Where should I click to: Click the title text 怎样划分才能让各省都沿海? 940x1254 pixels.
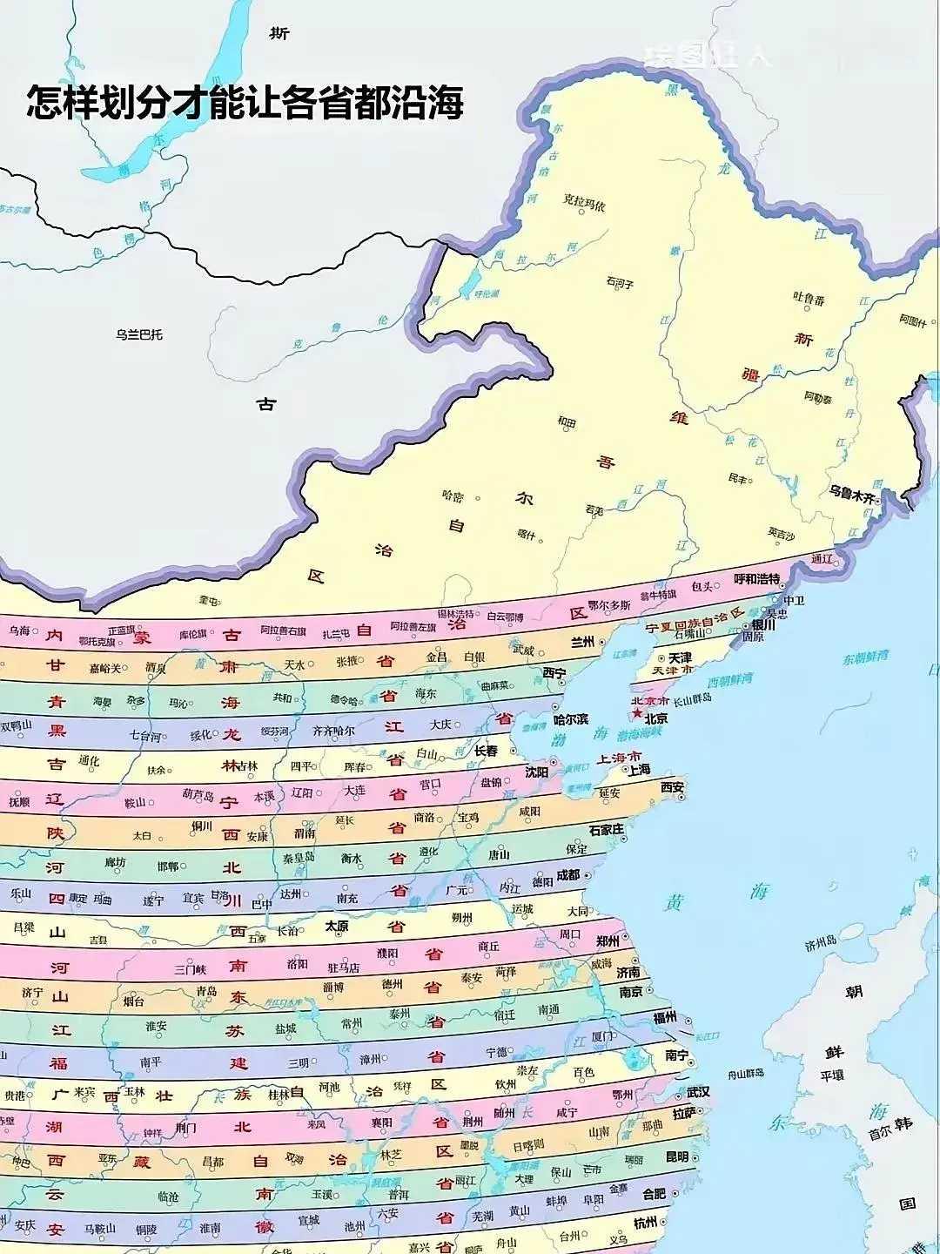point(245,102)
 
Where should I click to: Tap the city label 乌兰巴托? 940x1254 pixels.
point(139,334)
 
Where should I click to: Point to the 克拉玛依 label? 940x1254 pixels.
point(583,203)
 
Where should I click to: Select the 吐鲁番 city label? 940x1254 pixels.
point(809,300)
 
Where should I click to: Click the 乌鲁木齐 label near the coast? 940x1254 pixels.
point(850,491)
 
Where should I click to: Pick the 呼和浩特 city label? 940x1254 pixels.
point(756,579)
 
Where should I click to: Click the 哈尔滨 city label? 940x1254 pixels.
point(571,720)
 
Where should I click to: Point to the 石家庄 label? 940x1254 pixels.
point(606,830)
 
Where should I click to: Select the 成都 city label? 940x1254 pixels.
point(567,875)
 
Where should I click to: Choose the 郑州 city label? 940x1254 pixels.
point(608,941)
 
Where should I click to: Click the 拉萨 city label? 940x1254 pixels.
point(684,1114)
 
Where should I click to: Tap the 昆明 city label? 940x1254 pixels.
point(677,1156)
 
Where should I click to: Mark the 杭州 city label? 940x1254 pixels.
point(645,1223)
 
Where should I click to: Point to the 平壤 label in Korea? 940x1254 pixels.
point(832,1075)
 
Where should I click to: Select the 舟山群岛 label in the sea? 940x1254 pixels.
point(746,1073)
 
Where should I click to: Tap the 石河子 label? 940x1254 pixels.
point(620,283)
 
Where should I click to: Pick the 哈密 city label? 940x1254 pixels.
point(453,496)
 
